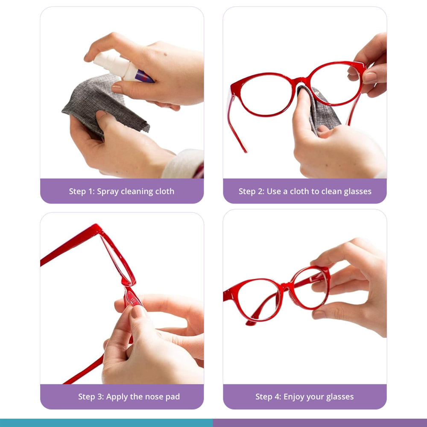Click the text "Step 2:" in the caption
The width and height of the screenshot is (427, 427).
coord(252,191)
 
